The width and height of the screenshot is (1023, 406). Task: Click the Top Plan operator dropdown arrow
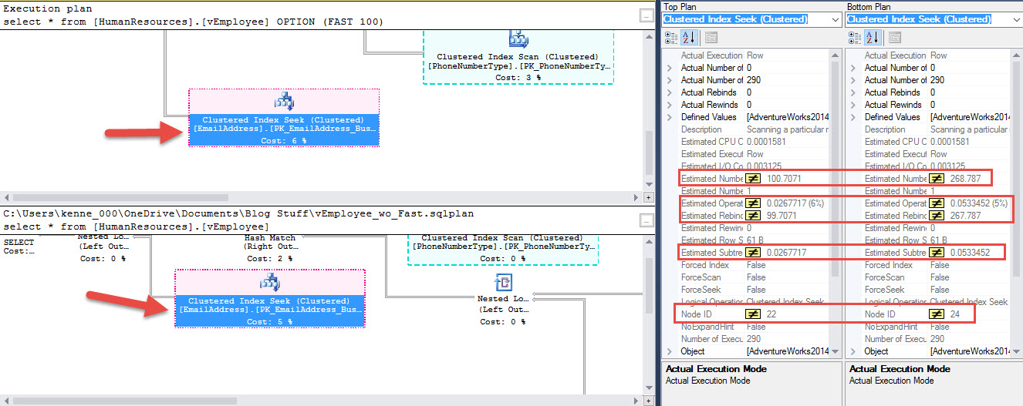(x=835, y=19)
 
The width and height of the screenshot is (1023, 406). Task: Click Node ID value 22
(x=772, y=314)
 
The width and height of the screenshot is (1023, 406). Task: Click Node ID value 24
(x=956, y=314)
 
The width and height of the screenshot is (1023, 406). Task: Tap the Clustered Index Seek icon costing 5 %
(x=271, y=282)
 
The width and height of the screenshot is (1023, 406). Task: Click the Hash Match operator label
(x=269, y=239)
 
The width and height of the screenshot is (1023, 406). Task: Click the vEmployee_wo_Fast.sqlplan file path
(x=238, y=213)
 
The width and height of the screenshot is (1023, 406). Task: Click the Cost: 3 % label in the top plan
(x=518, y=78)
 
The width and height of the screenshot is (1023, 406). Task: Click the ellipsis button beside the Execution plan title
(x=647, y=15)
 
